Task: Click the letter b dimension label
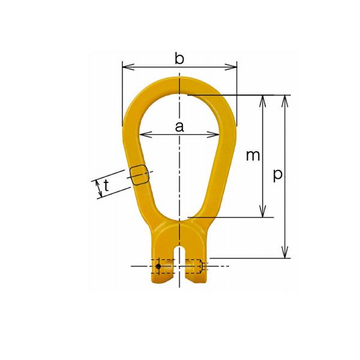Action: coord(179,58)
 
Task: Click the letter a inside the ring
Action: coord(179,126)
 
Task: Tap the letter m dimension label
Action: coord(253,155)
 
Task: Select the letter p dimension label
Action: coord(277,175)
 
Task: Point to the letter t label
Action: coord(106,187)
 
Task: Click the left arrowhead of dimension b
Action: coord(125,66)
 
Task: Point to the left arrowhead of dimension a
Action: coord(144,134)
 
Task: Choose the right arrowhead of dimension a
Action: coord(214,134)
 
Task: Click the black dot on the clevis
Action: coord(158,266)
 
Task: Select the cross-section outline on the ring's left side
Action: coord(138,175)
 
